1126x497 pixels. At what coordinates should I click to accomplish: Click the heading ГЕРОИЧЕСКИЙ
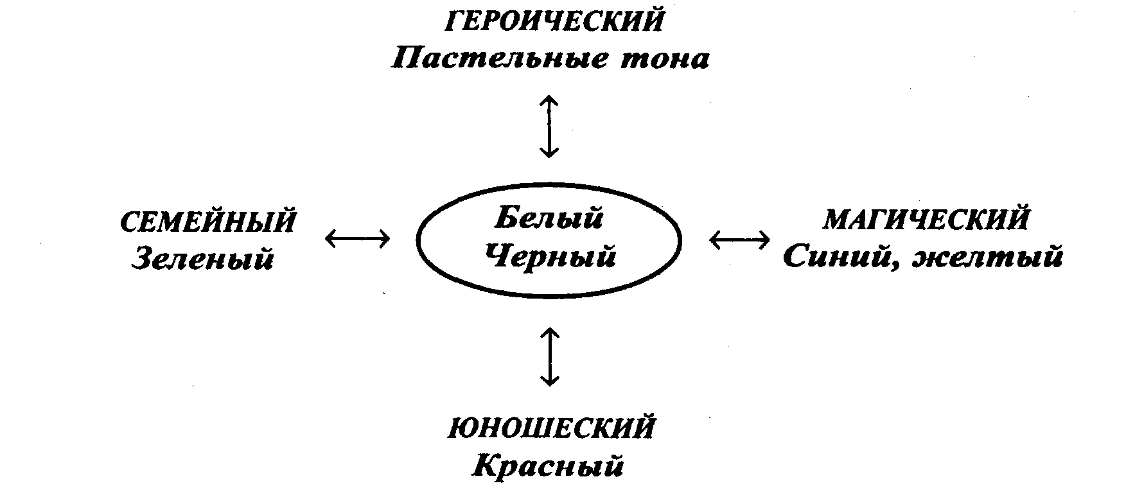pyautogui.click(x=553, y=22)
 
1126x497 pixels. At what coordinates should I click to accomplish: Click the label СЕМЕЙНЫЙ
pyautogui.click(x=208, y=222)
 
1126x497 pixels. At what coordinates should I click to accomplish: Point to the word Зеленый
pyautogui.click(x=203, y=259)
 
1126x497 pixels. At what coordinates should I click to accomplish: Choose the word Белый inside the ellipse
pyautogui.click(x=549, y=218)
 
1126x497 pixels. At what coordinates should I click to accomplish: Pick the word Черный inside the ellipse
pyautogui.click(x=550, y=256)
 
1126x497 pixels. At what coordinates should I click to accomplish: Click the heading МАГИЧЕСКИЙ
pyautogui.click(x=926, y=220)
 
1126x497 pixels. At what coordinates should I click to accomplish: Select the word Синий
pyautogui.click(x=834, y=257)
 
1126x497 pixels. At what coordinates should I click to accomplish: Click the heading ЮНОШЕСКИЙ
pyautogui.click(x=552, y=428)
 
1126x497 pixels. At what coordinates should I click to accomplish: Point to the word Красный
pyautogui.click(x=549, y=466)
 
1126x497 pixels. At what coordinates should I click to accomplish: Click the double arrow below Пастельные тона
pyautogui.click(x=549, y=126)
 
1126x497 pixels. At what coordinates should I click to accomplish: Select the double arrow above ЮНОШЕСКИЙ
pyautogui.click(x=549, y=357)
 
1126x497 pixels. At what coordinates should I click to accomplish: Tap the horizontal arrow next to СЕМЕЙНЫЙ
pyautogui.click(x=357, y=240)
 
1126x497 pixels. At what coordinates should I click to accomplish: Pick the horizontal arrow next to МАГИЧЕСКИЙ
pyautogui.click(x=740, y=240)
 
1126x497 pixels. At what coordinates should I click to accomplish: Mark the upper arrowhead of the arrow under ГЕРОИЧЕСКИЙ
pyautogui.click(x=549, y=100)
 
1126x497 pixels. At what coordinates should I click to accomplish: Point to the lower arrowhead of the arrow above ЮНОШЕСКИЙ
pyautogui.click(x=549, y=381)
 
